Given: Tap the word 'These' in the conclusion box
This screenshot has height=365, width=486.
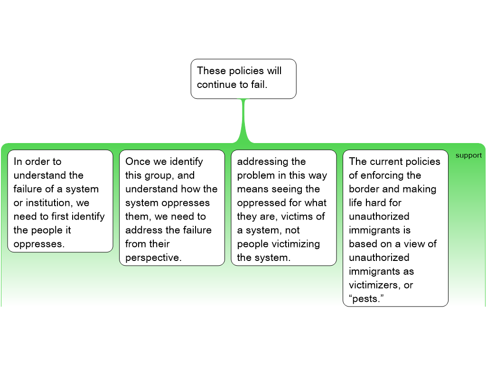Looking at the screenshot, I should tap(211, 71).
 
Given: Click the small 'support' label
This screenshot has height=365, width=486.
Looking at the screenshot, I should tap(468, 155).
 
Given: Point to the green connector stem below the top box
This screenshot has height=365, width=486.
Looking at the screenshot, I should tap(243, 119).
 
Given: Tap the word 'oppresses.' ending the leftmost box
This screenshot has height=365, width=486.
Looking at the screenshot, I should tap(39, 244).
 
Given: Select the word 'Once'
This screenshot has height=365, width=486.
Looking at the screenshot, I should tap(138, 162).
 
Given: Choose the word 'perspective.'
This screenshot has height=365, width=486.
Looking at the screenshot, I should tap(153, 258).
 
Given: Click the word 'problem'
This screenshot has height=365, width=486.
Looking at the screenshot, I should tap(256, 175).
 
